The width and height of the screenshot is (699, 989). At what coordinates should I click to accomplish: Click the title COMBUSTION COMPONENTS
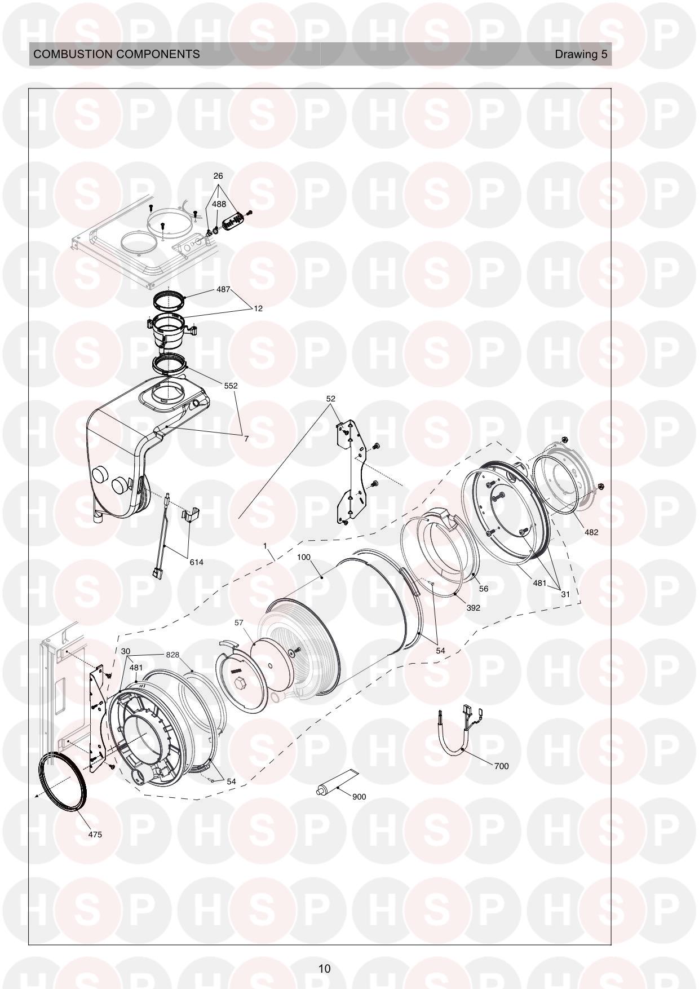[x=117, y=54]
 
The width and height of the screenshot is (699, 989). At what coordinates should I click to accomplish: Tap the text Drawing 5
[x=581, y=54]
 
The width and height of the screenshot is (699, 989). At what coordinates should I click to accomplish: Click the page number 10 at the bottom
[x=324, y=969]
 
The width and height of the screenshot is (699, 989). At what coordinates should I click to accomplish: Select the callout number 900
[x=359, y=797]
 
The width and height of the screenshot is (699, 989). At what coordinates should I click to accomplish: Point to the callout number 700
[x=501, y=766]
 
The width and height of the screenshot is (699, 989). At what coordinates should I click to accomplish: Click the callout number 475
[x=95, y=835]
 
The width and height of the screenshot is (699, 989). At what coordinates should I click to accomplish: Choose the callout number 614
[x=196, y=562]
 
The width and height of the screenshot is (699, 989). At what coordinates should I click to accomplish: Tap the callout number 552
[x=230, y=386]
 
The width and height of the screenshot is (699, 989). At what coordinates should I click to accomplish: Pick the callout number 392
[x=473, y=608]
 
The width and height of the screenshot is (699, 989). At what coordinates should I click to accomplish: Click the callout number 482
[x=591, y=532]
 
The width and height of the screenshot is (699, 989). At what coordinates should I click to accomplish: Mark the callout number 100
[x=303, y=557]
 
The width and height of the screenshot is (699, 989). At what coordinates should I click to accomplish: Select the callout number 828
[x=172, y=655]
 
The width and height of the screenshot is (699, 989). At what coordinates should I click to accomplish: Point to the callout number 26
[x=218, y=176]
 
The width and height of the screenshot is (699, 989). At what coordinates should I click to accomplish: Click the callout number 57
[x=239, y=622]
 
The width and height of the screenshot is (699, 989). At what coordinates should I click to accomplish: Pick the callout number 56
[x=483, y=589]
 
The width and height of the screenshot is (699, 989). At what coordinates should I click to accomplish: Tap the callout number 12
[x=258, y=308]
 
